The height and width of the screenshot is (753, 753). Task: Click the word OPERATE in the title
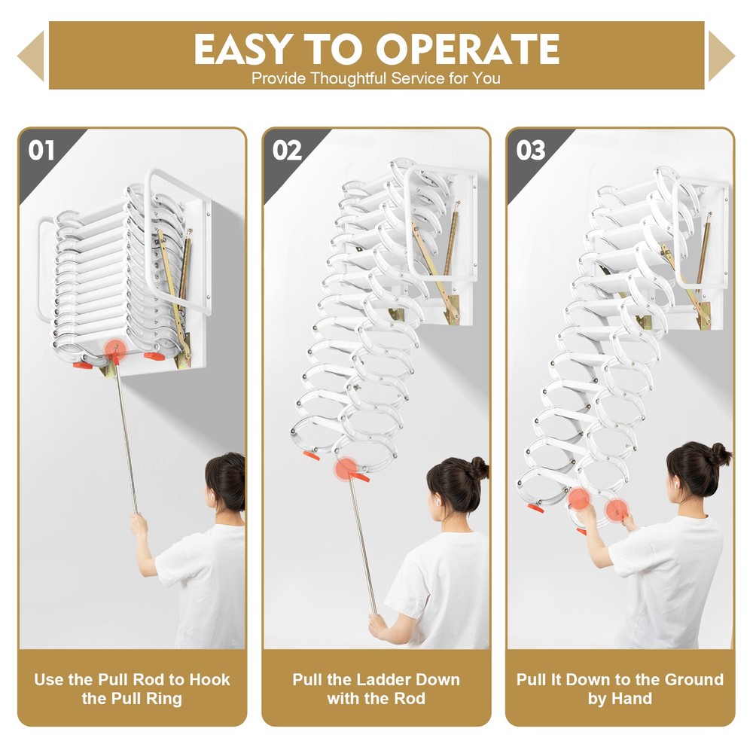tap(468, 50)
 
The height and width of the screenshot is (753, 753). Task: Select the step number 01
tap(41, 150)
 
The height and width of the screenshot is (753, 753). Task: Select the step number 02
tap(286, 150)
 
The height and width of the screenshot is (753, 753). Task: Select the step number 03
tap(530, 150)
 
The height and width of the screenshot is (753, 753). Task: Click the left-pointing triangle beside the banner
tap(30, 56)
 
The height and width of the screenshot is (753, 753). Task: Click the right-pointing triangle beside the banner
tap(721, 56)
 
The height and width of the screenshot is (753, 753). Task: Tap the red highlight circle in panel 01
tap(114, 349)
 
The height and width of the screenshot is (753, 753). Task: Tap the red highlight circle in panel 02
tap(346, 469)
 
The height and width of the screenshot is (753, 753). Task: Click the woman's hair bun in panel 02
tap(478, 468)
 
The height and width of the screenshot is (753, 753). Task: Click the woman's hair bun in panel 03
tap(719, 454)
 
